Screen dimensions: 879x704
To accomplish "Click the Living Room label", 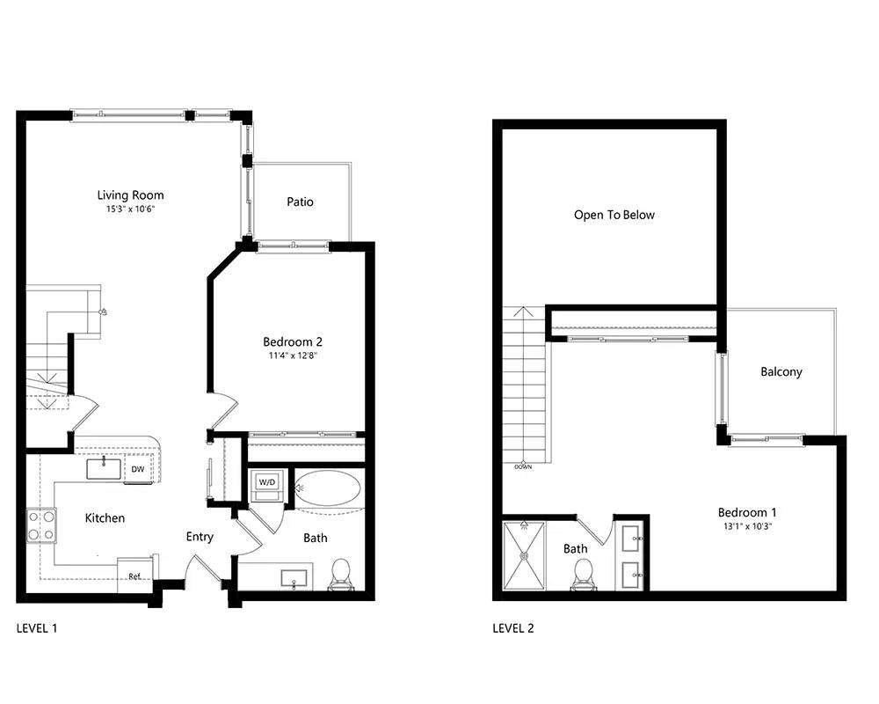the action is pos(131,195).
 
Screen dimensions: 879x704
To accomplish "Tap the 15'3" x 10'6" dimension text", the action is pos(131,209).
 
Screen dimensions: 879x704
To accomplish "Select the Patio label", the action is pos(300,202).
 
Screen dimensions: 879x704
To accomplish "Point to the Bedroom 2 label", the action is pos(293,341).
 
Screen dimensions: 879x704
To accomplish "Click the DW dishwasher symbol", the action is pos(138,469).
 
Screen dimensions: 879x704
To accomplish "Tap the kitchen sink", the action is pos(104,469).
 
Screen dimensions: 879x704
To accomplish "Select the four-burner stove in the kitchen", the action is pos(42,525).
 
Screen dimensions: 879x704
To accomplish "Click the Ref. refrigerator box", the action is pos(135,576).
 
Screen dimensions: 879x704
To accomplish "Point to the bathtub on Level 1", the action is pos(328,488).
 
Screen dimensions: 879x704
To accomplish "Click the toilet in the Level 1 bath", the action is pos(340,575).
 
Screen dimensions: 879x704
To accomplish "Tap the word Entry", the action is pos(200,537).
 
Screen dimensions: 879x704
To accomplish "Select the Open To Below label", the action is pos(614,215).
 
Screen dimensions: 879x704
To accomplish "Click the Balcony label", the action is pos(781,371).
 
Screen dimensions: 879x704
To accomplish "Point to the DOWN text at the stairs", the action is pos(523,467).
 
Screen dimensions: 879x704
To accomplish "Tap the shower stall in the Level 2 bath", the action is pos(524,556).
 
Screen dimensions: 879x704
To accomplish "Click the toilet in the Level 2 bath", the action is pos(584,575).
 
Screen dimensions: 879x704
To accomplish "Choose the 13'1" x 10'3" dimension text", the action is pos(748,526).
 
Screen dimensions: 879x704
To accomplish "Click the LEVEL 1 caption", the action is pos(37,628).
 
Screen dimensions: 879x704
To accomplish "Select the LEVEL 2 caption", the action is pos(513,628).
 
